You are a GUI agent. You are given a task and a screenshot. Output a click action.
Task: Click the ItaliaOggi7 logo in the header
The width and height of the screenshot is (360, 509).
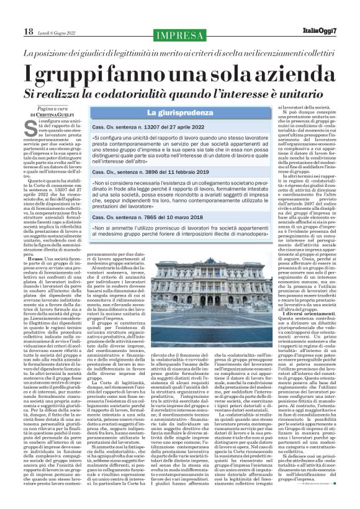tap(333, 31)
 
